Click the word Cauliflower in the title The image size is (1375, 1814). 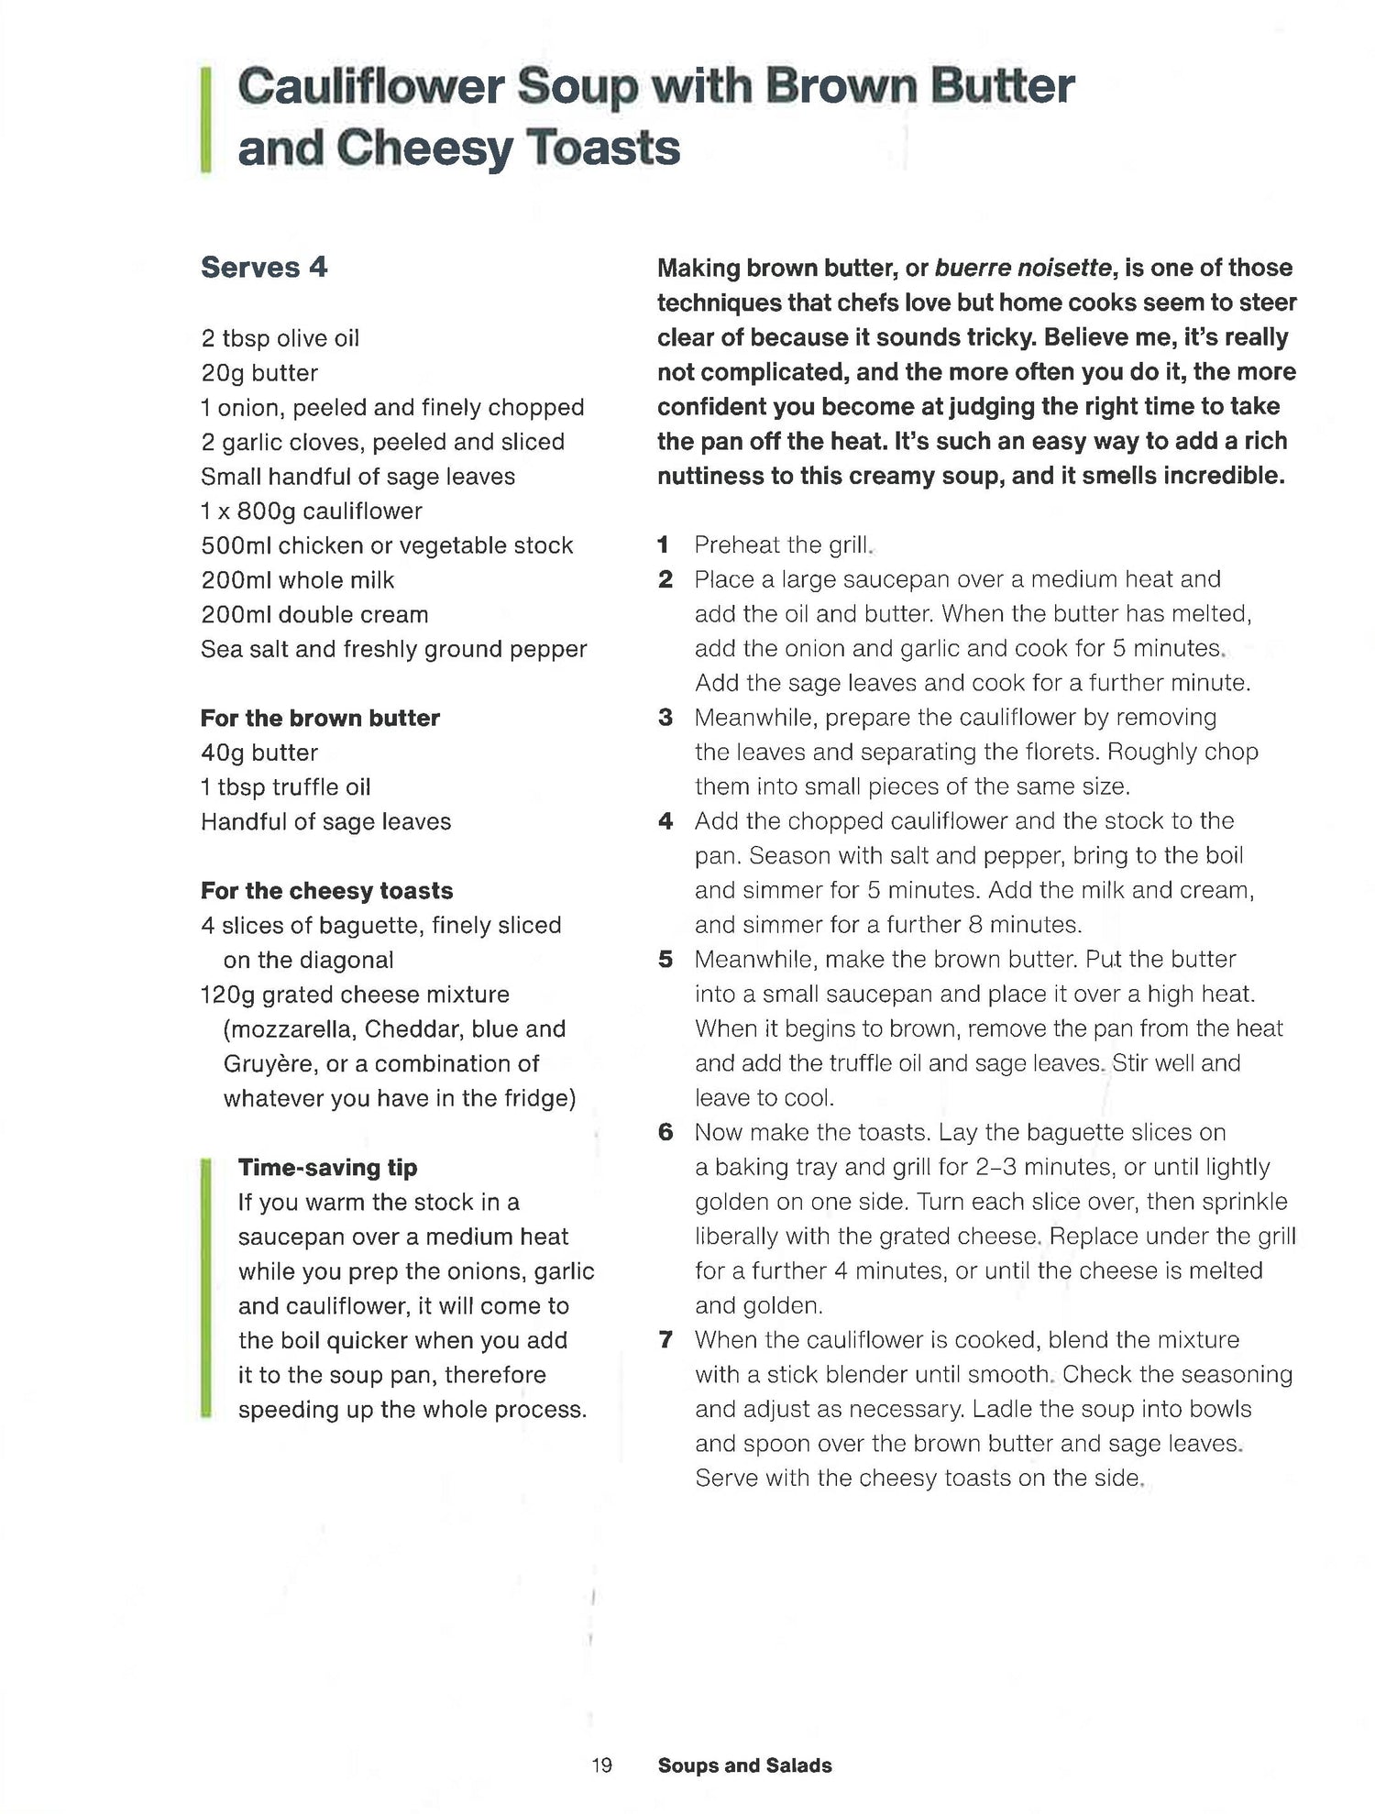pyautogui.click(x=370, y=88)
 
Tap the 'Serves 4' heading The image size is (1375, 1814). pyautogui.click(x=264, y=268)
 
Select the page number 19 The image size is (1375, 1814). pyautogui.click(x=601, y=1765)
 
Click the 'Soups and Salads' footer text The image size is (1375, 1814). pyautogui.click(x=744, y=1765)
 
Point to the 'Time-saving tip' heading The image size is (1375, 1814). pyautogui.click(x=327, y=1167)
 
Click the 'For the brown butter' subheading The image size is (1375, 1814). pyautogui.click(x=320, y=718)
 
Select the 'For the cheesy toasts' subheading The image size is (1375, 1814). pyautogui.click(x=326, y=891)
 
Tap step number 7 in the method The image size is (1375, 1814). pyautogui.click(x=665, y=1340)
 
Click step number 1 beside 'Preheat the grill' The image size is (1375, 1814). pyautogui.click(x=663, y=545)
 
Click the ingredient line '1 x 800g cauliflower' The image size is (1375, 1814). pyautogui.click(x=312, y=511)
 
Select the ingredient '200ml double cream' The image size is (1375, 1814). pyautogui.click(x=314, y=615)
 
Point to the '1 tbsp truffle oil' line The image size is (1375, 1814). pyautogui.click(x=285, y=787)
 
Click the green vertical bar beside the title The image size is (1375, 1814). pyautogui.click(x=206, y=119)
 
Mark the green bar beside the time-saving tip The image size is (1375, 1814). pyautogui.click(x=206, y=1288)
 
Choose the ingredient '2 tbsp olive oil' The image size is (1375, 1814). pyautogui.click(x=280, y=338)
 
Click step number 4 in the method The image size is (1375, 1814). pyautogui.click(x=665, y=821)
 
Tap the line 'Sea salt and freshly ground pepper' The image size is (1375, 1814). pyautogui.click(x=393, y=650)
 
